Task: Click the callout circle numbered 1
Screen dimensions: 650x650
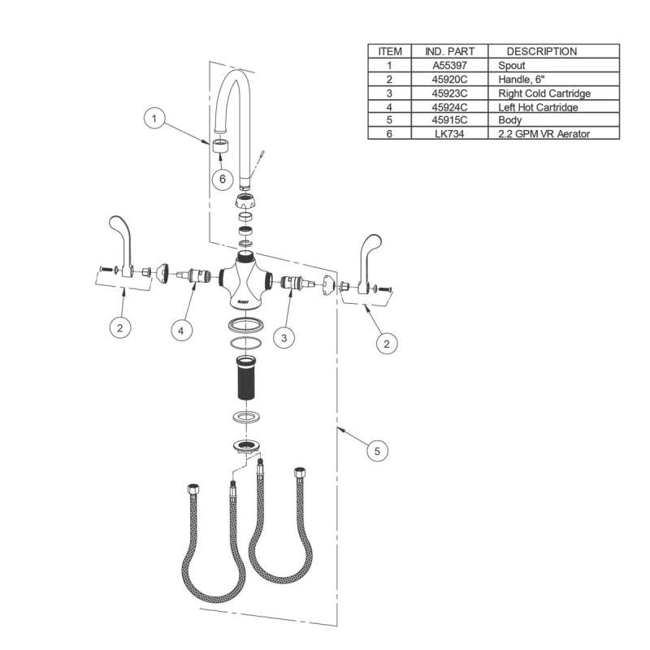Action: [x=154, y=119]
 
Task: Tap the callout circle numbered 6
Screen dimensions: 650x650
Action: [x=223, y=179]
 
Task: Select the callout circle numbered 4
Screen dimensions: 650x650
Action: [x=181, y=331]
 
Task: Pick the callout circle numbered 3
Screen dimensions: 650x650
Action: [x=284, y=338]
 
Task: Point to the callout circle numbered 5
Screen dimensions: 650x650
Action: [x=377, y=451]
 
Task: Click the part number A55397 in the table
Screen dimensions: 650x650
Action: [x=450, y=66]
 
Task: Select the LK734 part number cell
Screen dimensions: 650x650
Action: [x=450, y=134]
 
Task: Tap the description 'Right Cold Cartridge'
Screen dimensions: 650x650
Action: [x=544, y=93]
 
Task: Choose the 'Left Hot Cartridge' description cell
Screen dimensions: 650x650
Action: [x=538, y=107]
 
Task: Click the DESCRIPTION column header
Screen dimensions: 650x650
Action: [x=542, y=51]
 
